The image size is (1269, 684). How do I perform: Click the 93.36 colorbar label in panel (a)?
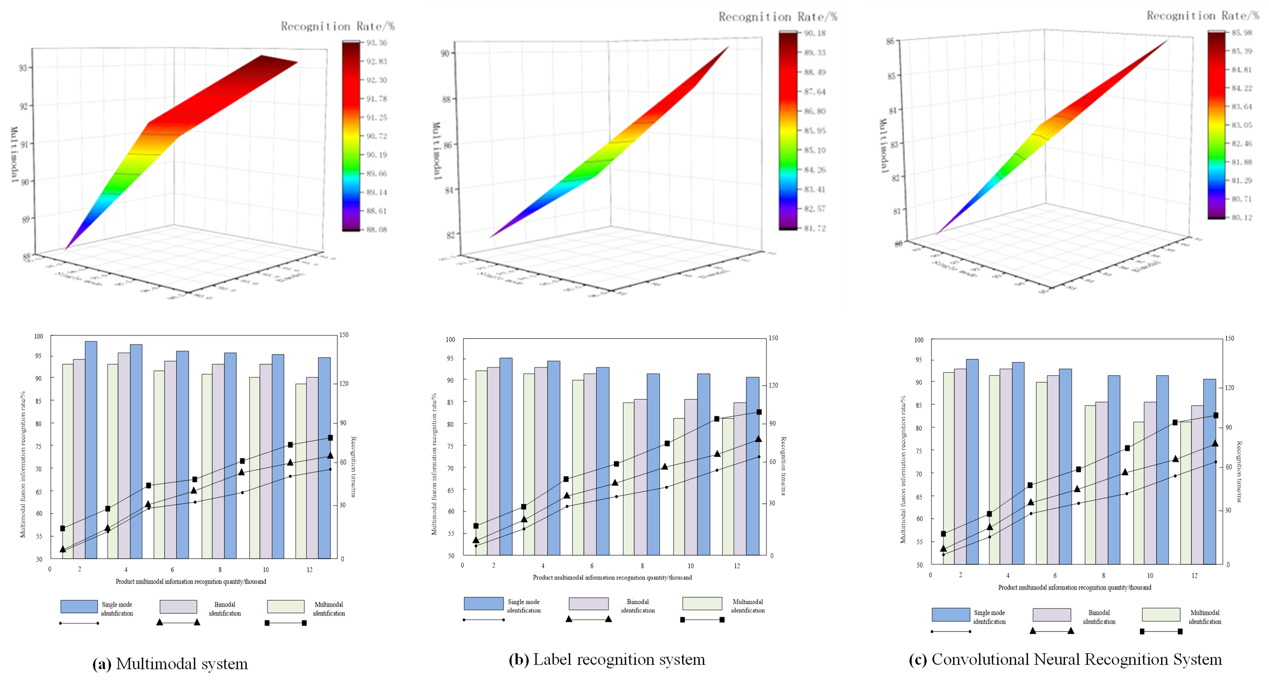pos(376,43)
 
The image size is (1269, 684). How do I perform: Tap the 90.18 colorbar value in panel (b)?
pos(815,33)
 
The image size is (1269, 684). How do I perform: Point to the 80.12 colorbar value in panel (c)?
pos(1241,217)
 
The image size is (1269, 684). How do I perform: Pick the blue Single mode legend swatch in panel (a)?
pos(79,606)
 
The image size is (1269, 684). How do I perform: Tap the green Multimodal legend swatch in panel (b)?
pos(702,603)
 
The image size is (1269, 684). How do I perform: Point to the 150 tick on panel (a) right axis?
pos(343,335)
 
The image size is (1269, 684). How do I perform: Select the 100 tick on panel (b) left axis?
pos(450,339)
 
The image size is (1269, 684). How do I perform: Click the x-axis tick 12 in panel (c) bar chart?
pos(1195,575)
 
